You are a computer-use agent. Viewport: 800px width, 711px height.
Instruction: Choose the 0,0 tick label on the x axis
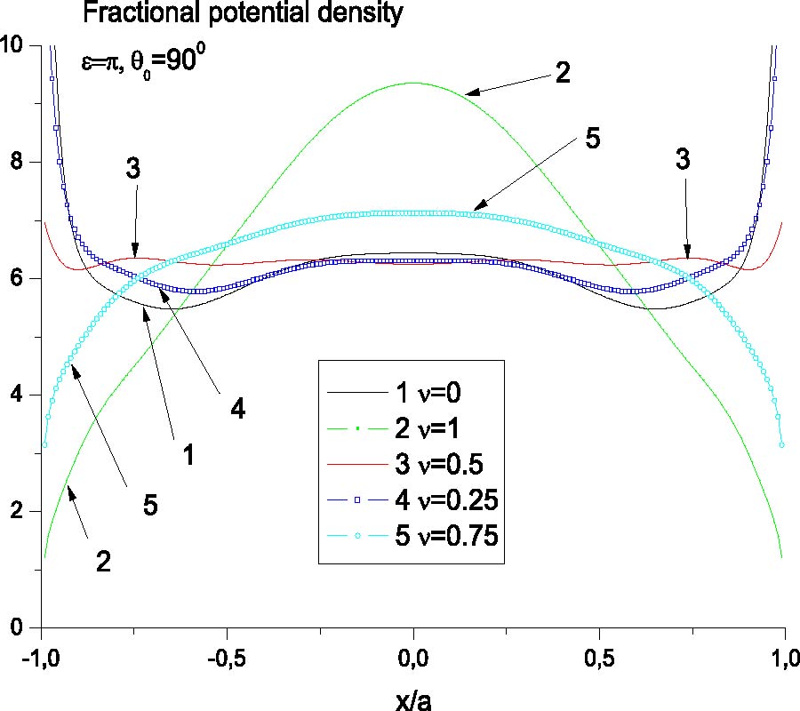[413, 655]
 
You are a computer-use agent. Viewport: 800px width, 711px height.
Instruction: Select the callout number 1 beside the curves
[188, 455]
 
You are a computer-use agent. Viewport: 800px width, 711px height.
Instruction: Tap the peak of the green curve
[413, 83]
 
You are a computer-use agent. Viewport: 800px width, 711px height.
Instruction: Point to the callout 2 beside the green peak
[561, 73]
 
